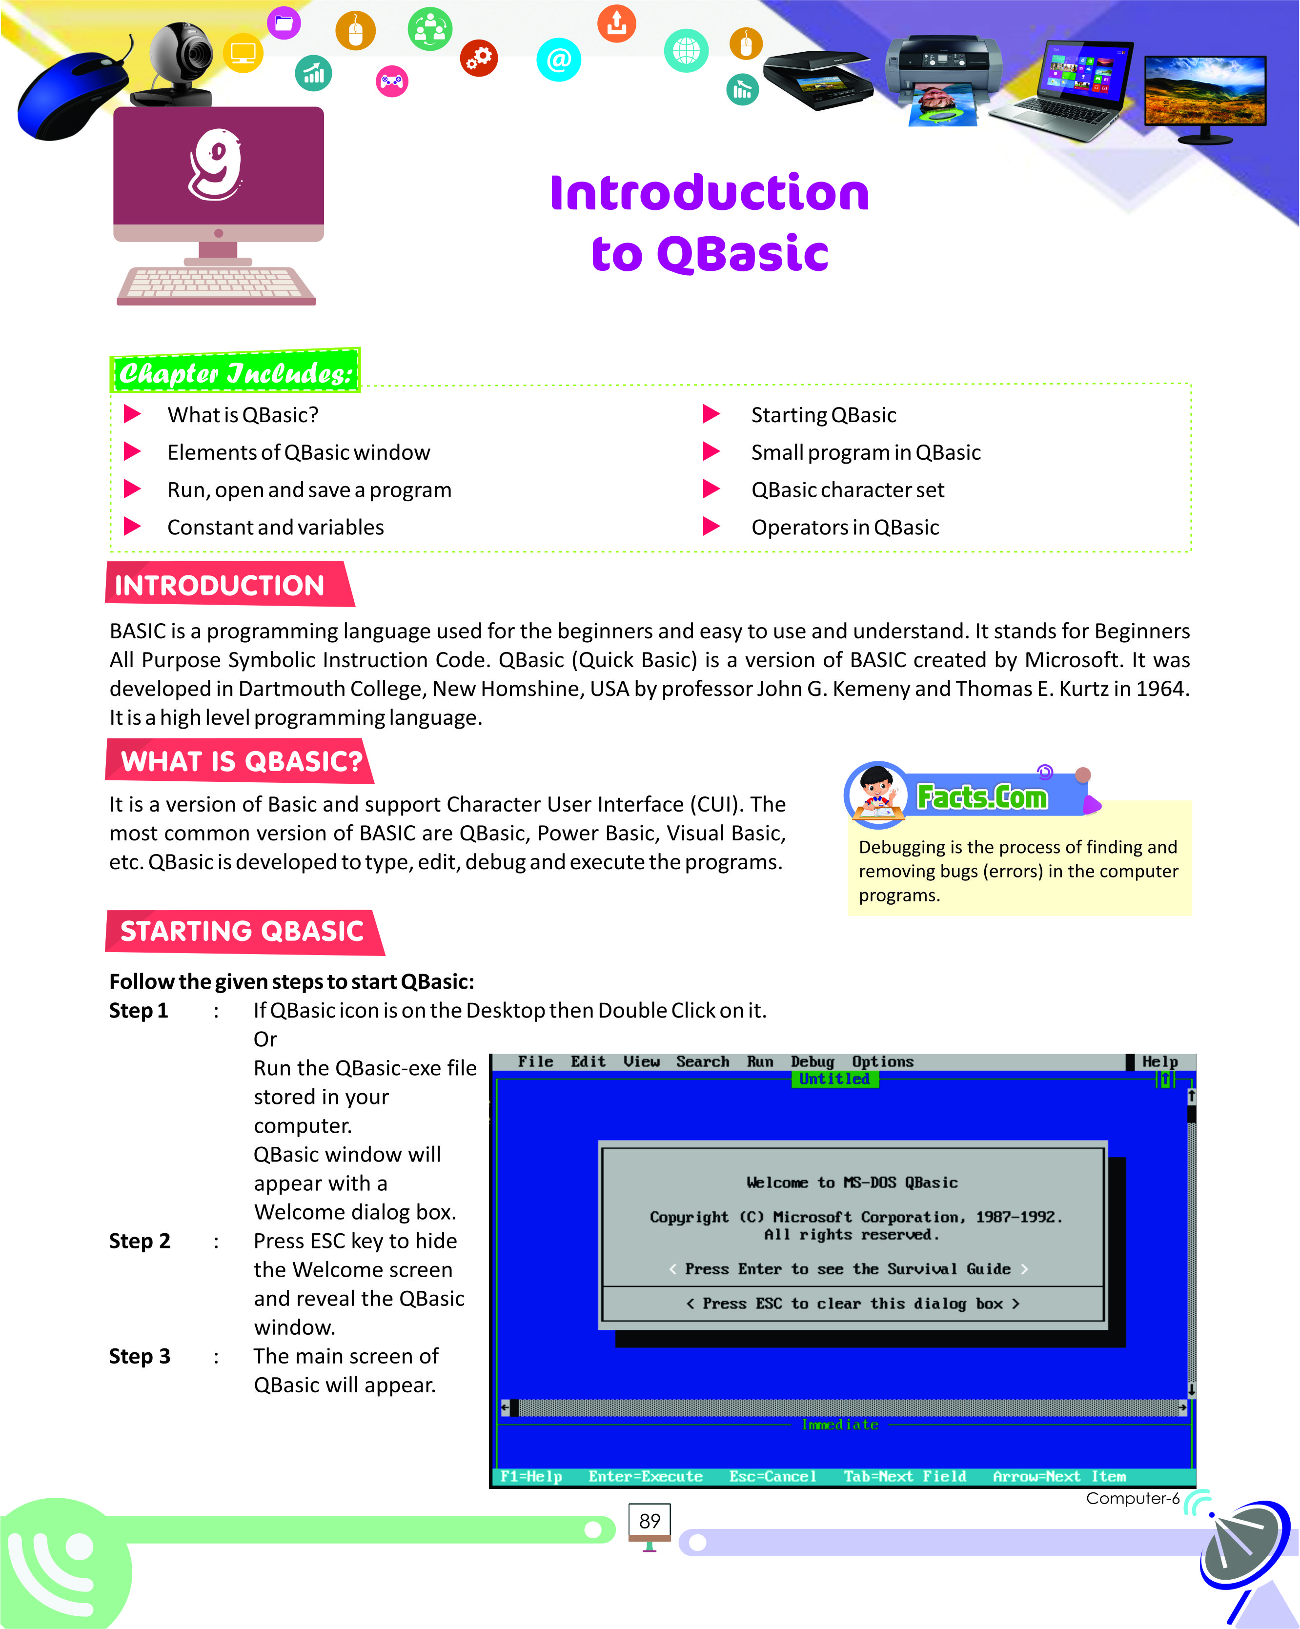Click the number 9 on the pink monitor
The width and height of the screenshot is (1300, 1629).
tap(217, 165)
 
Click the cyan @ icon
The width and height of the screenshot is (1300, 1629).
tap(558, 60)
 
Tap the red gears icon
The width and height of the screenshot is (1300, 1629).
tap(479, 58)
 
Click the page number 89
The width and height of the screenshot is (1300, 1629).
tap(650, 1521)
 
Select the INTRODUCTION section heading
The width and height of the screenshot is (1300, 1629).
tap(219, 586)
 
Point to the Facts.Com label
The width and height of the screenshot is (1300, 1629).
tap(982, 797)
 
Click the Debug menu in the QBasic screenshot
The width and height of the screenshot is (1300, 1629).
tap(812, 1061)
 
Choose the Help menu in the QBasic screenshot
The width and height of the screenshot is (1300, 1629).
tap(1159, 1061)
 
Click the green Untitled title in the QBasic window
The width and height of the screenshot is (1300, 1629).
tap(834, 1079)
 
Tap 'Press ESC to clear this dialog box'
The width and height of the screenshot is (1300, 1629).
tap(853, 1303)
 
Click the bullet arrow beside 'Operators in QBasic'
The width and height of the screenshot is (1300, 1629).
tap(711, 527)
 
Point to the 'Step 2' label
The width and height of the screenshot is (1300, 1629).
tap(140, 1242)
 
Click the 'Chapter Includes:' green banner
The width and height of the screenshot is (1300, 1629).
tap(235, 372)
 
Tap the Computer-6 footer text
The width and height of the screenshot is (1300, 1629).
tap(1132, 1498)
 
